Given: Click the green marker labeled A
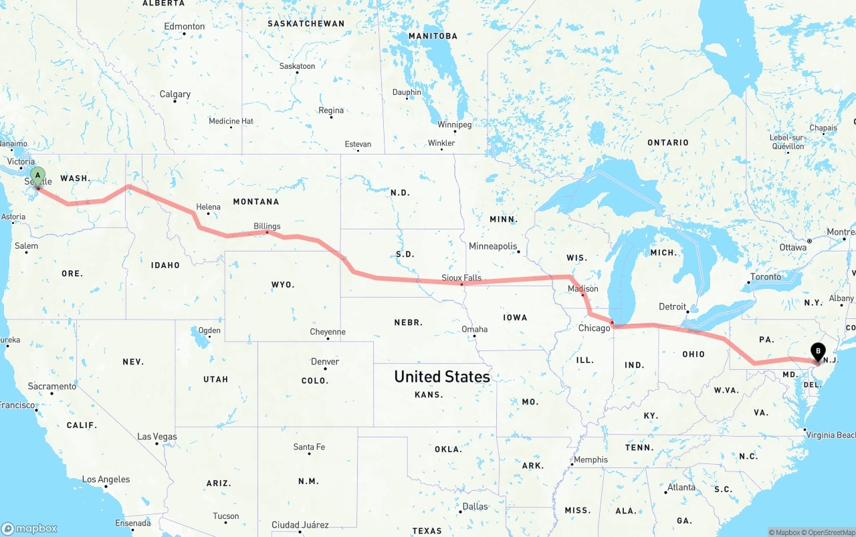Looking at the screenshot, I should (38, 177).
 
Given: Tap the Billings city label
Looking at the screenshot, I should (267, 226).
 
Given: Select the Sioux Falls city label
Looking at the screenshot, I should (461, 278).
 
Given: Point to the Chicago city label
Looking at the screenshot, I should (594, 328).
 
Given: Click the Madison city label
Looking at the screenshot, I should (582, 288).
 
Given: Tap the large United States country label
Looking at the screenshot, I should (442, 377).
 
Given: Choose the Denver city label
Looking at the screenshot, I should (325, 362).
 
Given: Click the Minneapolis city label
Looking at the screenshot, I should (493, 246).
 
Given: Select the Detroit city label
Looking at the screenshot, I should (673, 307).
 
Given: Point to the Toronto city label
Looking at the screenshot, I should (766, 277).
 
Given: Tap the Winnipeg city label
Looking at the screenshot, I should (455, 125).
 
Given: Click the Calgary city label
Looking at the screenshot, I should (175, 94).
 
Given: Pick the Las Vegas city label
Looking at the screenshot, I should (157, 437).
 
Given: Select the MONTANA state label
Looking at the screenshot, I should (256, 201).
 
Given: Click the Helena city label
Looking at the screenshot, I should (208, 207).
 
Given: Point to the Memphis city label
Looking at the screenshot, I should (591, 459).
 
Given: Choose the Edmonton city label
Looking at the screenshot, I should (185, 27).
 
